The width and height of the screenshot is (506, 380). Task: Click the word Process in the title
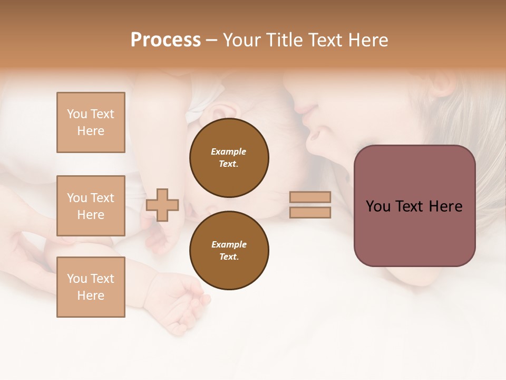point(166,40)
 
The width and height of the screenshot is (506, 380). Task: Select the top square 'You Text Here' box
point(91,122)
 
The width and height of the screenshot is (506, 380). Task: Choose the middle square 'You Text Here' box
point(91,206)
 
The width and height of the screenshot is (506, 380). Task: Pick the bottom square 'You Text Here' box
point(91,287)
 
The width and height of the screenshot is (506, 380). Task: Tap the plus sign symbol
point(162,205)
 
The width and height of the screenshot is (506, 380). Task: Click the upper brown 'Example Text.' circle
point(229,158)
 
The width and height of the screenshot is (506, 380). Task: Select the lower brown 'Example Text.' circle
point(229,251)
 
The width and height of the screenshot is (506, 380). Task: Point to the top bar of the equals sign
point(310,197)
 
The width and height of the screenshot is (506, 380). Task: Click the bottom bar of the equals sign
point(310,212)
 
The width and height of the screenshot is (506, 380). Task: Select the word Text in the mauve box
point(414,206)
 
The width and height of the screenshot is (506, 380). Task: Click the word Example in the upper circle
point(229,151)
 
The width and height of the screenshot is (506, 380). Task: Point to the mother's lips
point(313,136)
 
